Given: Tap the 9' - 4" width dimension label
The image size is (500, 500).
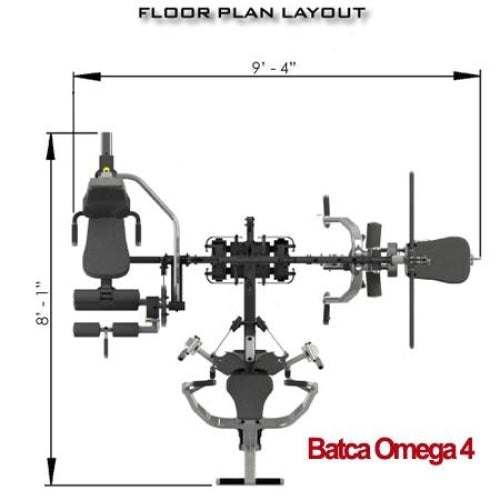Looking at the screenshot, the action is pyautogui.click(x=274, y=68).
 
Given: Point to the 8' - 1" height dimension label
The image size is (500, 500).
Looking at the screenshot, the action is pyautogui.click(x=43, y=303).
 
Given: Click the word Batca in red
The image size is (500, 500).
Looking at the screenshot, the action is pyautogui.click(x=339, y=449).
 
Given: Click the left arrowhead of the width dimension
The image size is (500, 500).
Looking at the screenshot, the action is pyautogui.click(x=87, y=76).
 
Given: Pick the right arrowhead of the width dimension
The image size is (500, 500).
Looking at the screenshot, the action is pyautogui.click(x=467, y=76).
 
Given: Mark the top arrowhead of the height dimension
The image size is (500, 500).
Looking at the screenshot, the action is pyautogui.click(x=51, y=146).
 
